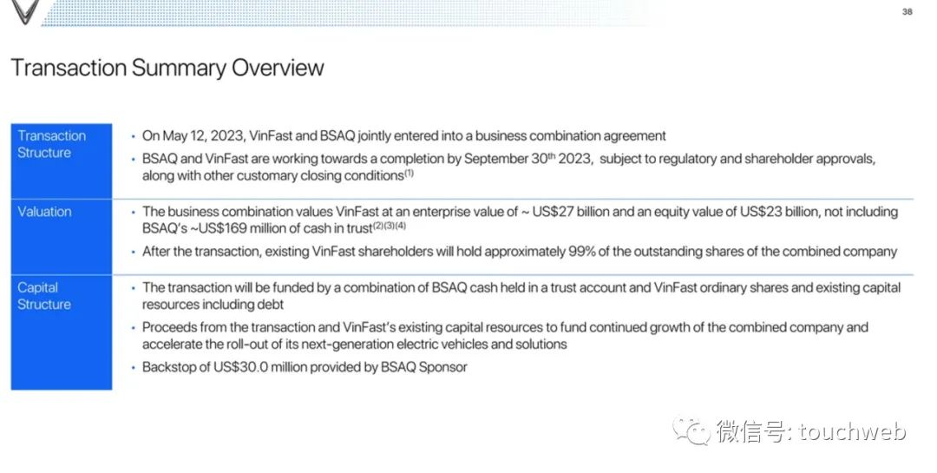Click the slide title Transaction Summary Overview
[167, 69]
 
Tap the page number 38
[907, 11]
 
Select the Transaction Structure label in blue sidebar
[52, 144]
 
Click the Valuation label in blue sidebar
[44, 212]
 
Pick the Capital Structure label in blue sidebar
[44, 296]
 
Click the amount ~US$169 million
[245, 228]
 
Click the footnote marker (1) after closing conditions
[409, 173]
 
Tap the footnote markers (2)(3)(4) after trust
[390, 226]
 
